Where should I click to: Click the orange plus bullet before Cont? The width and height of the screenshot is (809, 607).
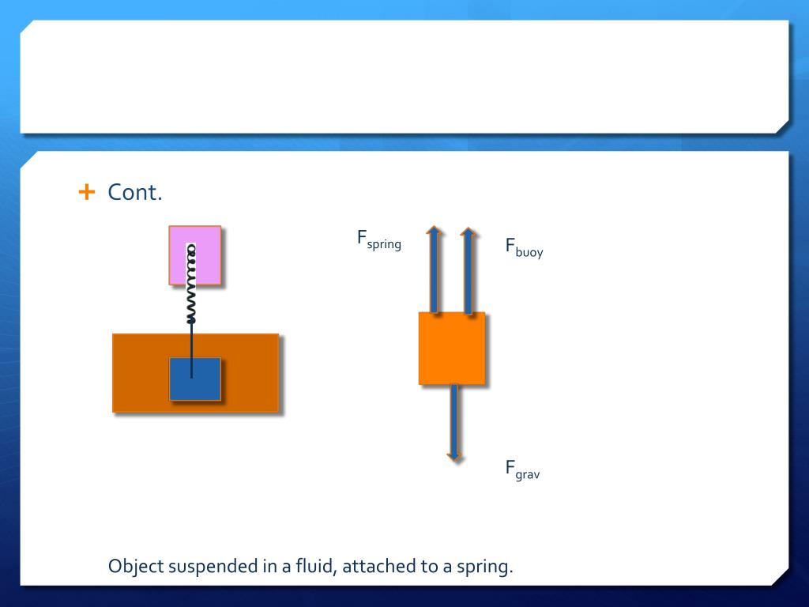tap(87, 192)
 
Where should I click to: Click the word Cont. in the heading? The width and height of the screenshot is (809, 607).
tap(135, 192)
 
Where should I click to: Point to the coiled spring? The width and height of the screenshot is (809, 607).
tap(190, 285)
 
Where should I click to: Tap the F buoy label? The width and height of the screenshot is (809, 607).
tap(524, 247)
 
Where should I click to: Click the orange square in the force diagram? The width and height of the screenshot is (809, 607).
tap(452, 349)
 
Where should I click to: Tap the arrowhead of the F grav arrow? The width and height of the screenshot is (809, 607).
tap(453, 456)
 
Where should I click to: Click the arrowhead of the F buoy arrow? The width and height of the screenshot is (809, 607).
tap(468, 232)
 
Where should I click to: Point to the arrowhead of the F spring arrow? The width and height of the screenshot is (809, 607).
tap(434, 232)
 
